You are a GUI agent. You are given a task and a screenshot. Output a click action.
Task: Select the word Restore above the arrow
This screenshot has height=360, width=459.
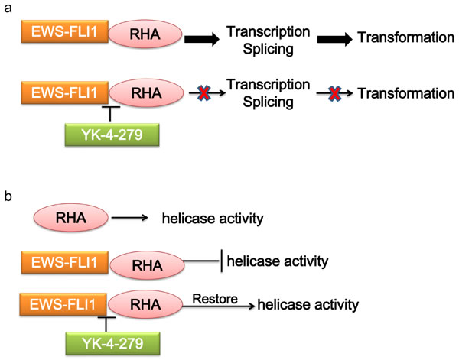point(201,292)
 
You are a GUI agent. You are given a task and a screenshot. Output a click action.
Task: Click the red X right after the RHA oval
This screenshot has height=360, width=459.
point(201,94)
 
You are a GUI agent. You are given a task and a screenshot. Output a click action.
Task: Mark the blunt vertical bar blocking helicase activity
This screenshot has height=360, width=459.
point(223,261)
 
